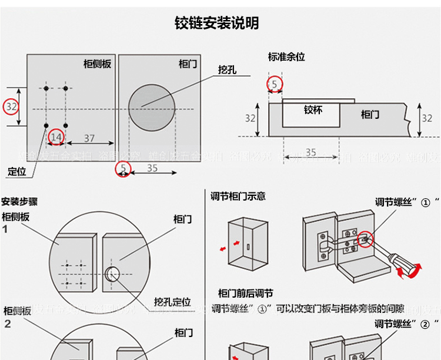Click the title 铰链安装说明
(217, 24)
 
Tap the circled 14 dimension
(56, 137)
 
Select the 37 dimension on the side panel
(89, 138)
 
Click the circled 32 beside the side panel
(12, 107)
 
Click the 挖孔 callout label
(227, 69)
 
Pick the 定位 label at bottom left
(18, 172)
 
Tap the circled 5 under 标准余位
(275, 85)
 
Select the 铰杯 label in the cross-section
(313, 110)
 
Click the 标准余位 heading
(286, 57)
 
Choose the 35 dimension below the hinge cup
(311, 153)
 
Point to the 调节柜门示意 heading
(238, 196)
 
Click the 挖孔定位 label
(172, 302)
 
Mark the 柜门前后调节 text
(245, 293)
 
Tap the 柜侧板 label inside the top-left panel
(97, 64)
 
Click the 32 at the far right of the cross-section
(427, 118)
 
